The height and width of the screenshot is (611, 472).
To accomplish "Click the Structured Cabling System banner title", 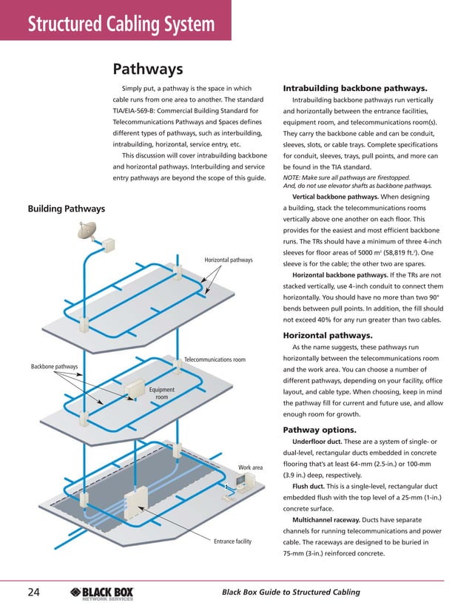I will (x=121, y=25).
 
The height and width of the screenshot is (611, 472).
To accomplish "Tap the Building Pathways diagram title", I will (x=66, y=209).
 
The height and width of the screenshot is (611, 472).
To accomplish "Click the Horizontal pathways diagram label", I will (x=229, y=260).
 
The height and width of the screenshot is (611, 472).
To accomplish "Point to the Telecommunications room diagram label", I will (x=215, y=359).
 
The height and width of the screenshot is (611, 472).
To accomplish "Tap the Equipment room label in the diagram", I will (x=162, y=394).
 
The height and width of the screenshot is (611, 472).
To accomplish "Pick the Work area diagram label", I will (x=251, y=467).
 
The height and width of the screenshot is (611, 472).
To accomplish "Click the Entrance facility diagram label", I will (x=232, y=542).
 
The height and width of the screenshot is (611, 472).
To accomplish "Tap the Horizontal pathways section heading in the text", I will (x=323, y=335).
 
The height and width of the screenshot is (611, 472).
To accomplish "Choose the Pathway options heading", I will (x=319, y=430).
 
